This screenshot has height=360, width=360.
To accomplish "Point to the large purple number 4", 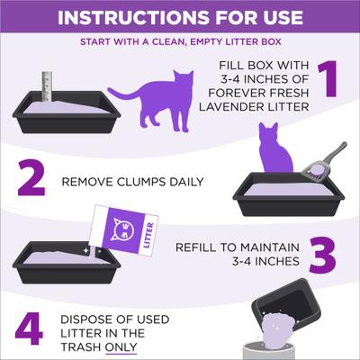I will tap(28, 329).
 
